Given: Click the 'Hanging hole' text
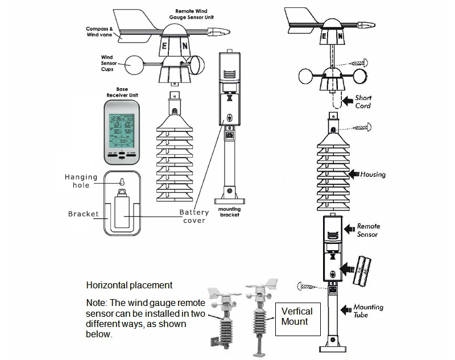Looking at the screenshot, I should click(81, 181).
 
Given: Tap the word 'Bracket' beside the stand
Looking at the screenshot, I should click(83, 214).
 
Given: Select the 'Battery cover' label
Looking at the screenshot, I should click(194, 216).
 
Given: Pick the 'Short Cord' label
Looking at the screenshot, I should click(363, 101).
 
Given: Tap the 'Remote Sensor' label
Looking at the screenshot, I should click(367, 230).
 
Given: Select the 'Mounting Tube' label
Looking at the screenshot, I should click(368, 311).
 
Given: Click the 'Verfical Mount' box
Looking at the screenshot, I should click(297, 316).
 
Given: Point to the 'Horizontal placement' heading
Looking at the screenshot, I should click(129, 285).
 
